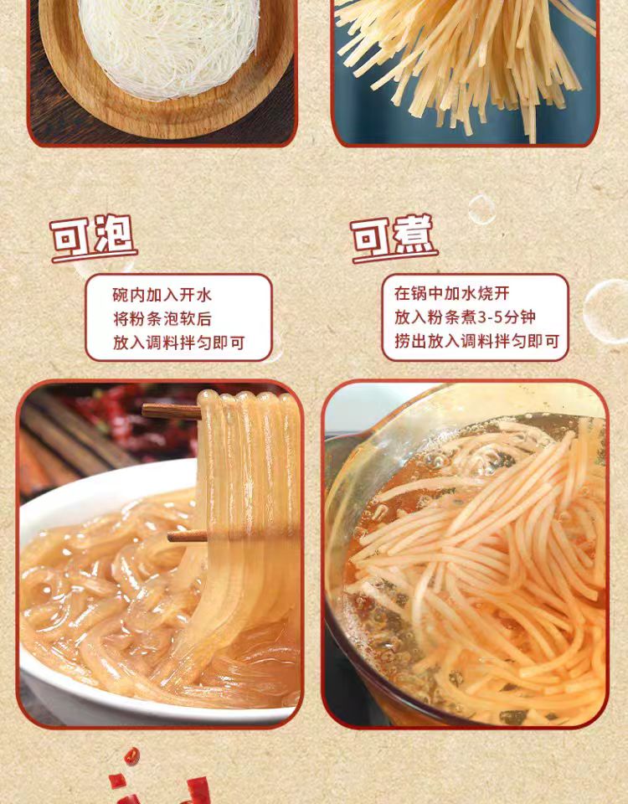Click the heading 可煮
pyautogui.click(x=394, y=236)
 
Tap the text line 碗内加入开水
pyautogui.click(x=162, y=295)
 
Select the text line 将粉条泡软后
pyautogui.click(x=162, y=319)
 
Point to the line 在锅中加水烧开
pyautogui.click(x=452, y=293)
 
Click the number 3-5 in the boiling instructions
pyautogui.click(x=491, y=318)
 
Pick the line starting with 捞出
pyautogui.click(x=476, y=341)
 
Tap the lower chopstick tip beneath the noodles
pyautogui.click(x=170, y=537)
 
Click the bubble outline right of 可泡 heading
pyautogui.click(x=481, y=209)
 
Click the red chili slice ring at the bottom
pyautogui.click(x=131, y=755)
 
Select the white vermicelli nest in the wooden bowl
pyautogui.click(x=169, y=44)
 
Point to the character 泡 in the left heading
pyautogui.click(x=115, y=234)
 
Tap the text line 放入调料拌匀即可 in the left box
pyautogui.click(x=178, y=343)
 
